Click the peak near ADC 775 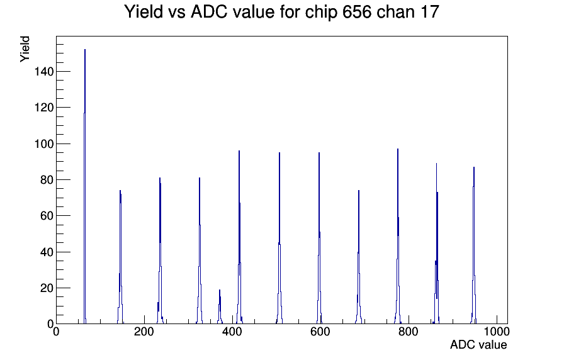point(398,237)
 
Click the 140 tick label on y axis point(44,72)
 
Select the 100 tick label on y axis point(44,144)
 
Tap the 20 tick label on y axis point(47,288)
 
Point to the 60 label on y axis point(47,216)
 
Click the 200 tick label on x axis point(144,332)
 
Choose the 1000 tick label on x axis point(496,332)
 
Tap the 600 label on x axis point(320,332)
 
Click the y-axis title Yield point(25,49)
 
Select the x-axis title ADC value point(478,345)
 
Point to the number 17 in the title point(429,12)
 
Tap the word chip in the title point(322,13)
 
